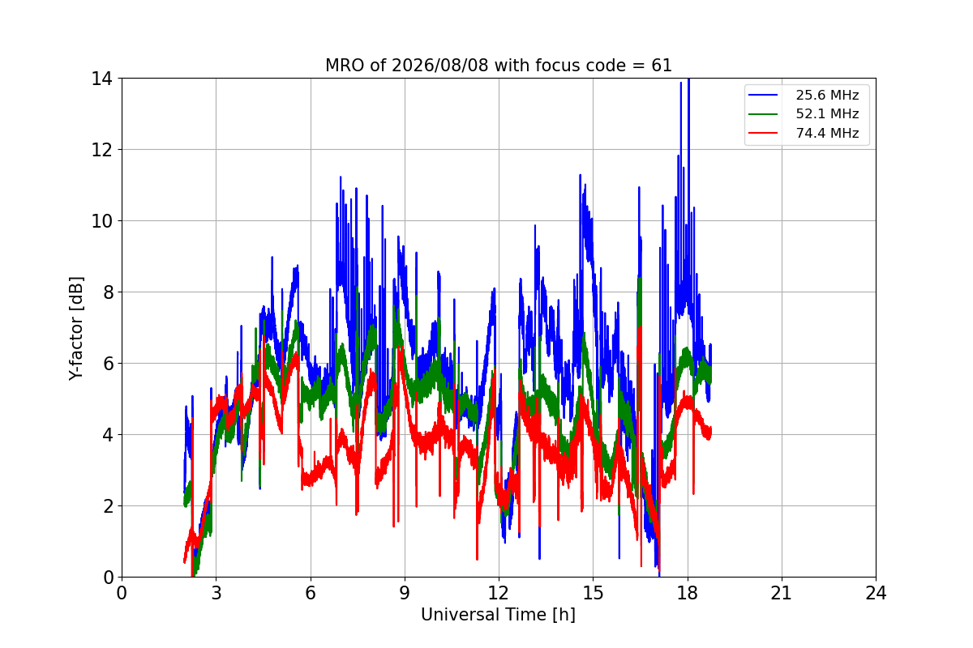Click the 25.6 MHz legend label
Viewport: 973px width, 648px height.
coord(827,95)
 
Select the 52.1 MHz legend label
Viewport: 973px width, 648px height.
coord(827,113)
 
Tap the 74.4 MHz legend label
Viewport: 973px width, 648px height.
coord(827,133)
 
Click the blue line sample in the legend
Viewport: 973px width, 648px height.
coord(763,95)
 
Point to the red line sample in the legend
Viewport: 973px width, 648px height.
coord(763,133)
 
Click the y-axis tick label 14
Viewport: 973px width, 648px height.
coord(101,79)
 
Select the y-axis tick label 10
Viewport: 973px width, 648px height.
coord(101,221)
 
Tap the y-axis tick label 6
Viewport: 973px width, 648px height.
coord(108,364)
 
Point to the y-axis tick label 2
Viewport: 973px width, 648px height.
coord(108,506)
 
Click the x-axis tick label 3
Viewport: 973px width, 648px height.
coord(216,593)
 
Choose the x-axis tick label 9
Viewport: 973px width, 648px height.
coord(405,593)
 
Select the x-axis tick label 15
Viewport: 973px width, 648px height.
coord(594,593)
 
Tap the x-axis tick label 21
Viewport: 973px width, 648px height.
coord(782,593)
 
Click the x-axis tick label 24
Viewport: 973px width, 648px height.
coord(876,593)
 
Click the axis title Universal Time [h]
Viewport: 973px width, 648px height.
coord(498,615)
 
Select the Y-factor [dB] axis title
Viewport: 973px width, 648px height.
coord(75,329)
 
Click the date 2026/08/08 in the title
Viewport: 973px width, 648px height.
coord(440,66)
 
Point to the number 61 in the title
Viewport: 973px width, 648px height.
coord(662,66)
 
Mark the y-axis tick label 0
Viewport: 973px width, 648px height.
coord(108,578)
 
